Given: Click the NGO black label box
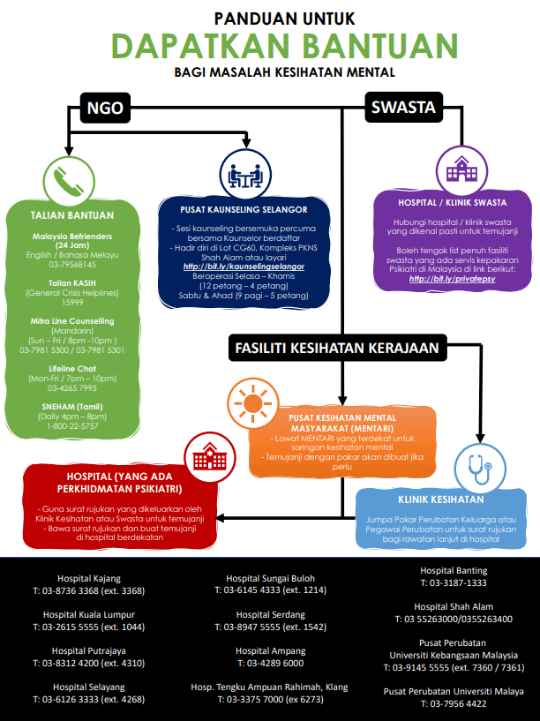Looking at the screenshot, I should point(105,108).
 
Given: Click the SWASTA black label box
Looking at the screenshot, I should point(403,108).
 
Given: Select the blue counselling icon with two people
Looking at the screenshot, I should point(244,174).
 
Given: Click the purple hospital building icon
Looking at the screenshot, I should point(460,168).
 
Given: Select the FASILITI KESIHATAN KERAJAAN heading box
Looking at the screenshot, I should point(337,348).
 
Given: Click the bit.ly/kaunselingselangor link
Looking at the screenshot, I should point(244,266).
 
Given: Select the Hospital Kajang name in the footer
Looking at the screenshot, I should point(88,579).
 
